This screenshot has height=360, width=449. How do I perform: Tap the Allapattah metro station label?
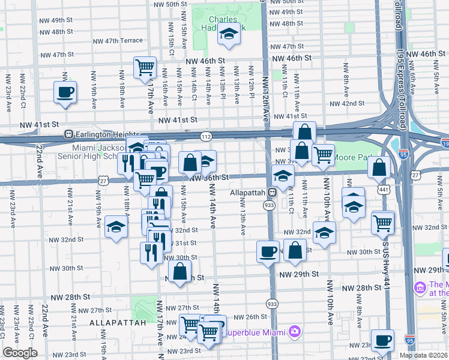[x=249, y=193]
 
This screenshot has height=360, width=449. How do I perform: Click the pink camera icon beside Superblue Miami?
[x=294, y=331]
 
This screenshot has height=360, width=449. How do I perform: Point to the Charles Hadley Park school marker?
[x=229, y=37]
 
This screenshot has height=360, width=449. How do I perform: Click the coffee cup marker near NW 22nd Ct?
[x=65, y=94]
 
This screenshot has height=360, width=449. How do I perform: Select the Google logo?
[x=20, y=353]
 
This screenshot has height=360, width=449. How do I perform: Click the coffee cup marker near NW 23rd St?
[x=382, y=341]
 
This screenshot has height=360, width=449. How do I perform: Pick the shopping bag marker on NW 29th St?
[x=181, y=271]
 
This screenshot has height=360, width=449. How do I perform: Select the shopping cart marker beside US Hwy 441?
[x=383, y=223]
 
